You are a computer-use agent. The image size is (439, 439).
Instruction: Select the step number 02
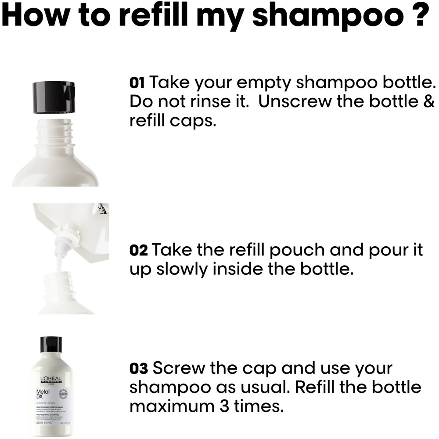tap(139, 251)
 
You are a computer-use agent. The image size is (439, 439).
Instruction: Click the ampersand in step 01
tap(429, 101)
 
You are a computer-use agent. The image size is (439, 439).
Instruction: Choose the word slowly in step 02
tap(181, 269)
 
